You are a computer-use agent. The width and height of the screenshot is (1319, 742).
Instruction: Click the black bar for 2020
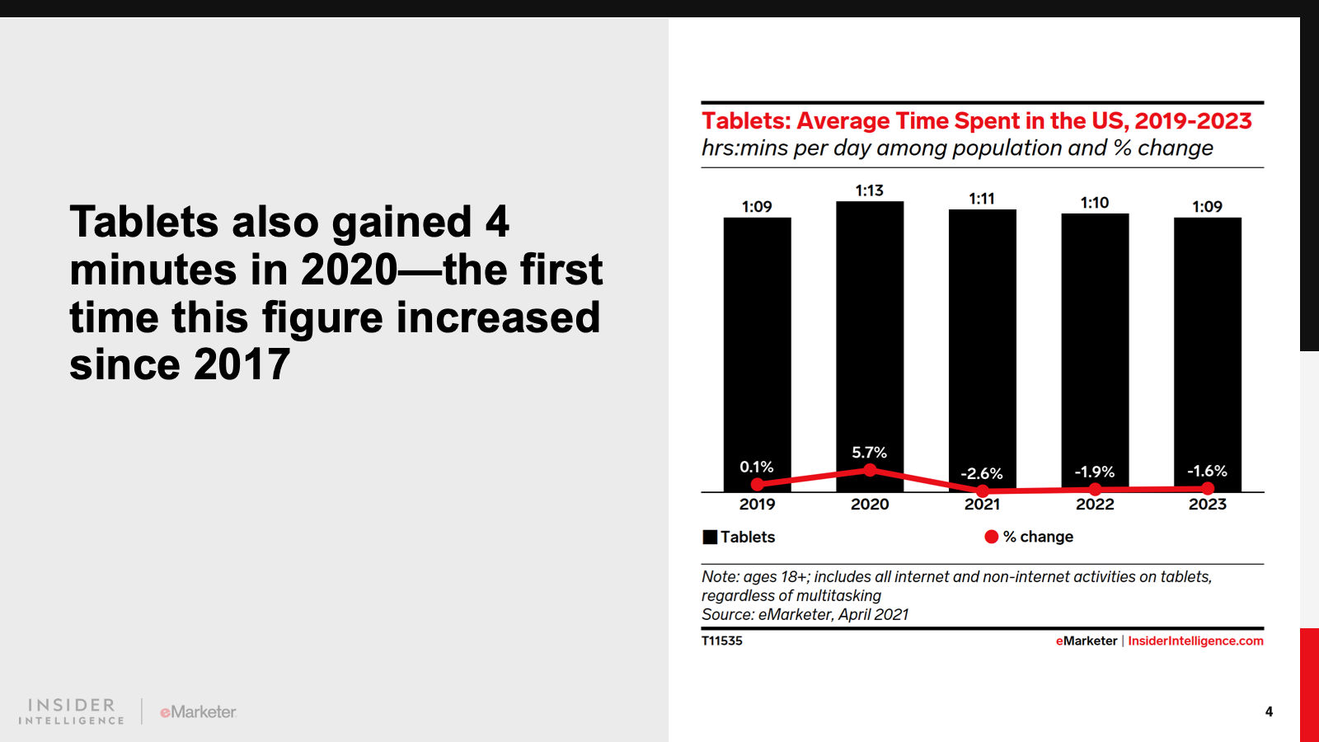(x=870, y=330)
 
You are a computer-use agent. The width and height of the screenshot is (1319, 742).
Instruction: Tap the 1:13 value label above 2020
(x=870, y=190)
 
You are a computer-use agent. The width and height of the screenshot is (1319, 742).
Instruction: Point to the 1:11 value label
(x=982, y=199)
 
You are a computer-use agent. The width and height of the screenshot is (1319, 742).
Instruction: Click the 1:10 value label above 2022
(x=1095, y=203)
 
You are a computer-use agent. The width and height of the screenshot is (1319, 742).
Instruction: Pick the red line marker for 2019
(x=758, y=484)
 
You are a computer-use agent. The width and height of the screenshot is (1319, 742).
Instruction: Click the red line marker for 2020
(x=870, y=470)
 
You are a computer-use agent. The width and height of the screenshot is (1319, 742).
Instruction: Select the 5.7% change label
(x=870, y=453)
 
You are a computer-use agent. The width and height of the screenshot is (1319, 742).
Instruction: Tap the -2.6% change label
(x=982, y=474)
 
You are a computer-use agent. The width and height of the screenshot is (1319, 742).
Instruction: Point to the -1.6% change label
(x=1207, y=472)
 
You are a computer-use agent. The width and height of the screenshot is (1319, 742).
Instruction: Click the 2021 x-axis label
(x=982, y=505)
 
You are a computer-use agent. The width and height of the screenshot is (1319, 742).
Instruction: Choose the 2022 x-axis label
(x=1095, y=505)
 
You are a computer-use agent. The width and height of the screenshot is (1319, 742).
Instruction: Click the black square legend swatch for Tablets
(x=710, y=538)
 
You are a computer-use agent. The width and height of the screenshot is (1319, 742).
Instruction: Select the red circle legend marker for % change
(x=992, y=537)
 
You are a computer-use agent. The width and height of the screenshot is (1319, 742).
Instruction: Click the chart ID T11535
(x=722, y=641)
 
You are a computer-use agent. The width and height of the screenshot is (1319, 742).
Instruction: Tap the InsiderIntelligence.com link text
(x=1195, y=641)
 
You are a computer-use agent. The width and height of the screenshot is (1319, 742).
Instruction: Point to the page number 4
(x=1269, y=711)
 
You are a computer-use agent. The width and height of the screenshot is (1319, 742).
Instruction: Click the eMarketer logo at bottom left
(x=198, y=711)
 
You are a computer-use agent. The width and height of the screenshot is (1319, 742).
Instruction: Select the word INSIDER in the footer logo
(x=72, y=705)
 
